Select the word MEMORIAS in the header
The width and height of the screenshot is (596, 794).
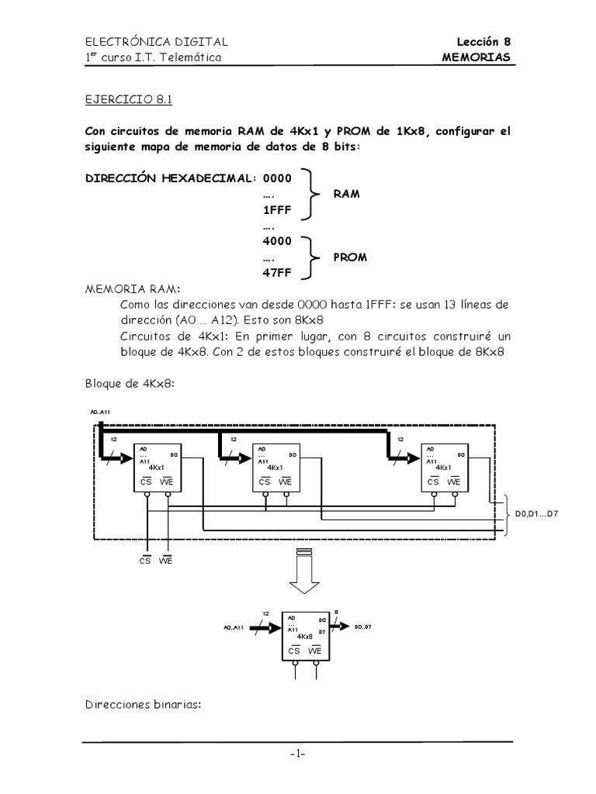pyautogui.click(x=476, y=57)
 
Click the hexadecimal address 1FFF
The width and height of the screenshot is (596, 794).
pyautogui.click(x=276, y=209)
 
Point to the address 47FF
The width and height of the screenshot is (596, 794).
pyautogui.click(x=277, y=272)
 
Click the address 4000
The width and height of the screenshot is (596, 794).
pyautogui.click(x=277, y=241)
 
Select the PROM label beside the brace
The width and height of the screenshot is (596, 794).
pyautogui.click(x=351, y=256)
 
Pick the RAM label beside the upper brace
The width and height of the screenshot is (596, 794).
pyautogui.click(x=347, y=193)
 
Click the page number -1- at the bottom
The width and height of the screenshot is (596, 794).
pyautogui.click(x=299, y=755)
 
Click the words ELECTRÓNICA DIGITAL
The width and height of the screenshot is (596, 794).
pyautogui.click(x=157, y=42)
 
